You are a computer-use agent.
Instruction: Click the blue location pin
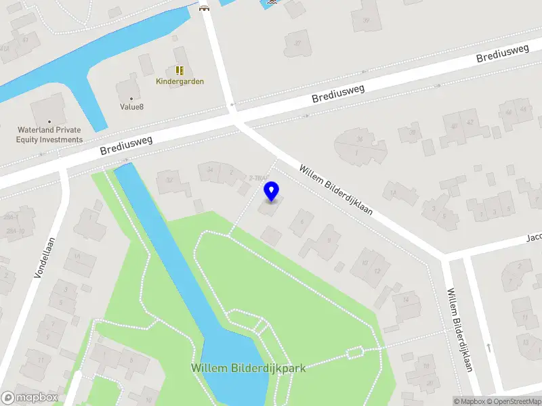pos(272,191)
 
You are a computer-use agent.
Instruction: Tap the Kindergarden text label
pos(180,81)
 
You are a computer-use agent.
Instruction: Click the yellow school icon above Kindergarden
pos(180,70)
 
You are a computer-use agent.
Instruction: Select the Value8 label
pos(131,107)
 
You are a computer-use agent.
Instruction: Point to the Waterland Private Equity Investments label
pos(49,135)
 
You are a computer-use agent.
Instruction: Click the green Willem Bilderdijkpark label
pos(248,368)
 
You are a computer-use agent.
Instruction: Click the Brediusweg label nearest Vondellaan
pos(127,143)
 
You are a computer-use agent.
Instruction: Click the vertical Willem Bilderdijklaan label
pos(459,330)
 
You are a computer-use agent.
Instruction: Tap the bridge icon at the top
pos(204,8)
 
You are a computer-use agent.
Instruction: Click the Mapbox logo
pos(30,398)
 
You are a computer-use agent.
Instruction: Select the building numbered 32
pos(169,181)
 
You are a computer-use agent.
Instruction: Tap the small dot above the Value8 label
pos(131,97)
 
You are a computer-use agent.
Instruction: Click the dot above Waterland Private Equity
pos(49,121)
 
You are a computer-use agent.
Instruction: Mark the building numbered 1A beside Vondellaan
pos(77,256)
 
